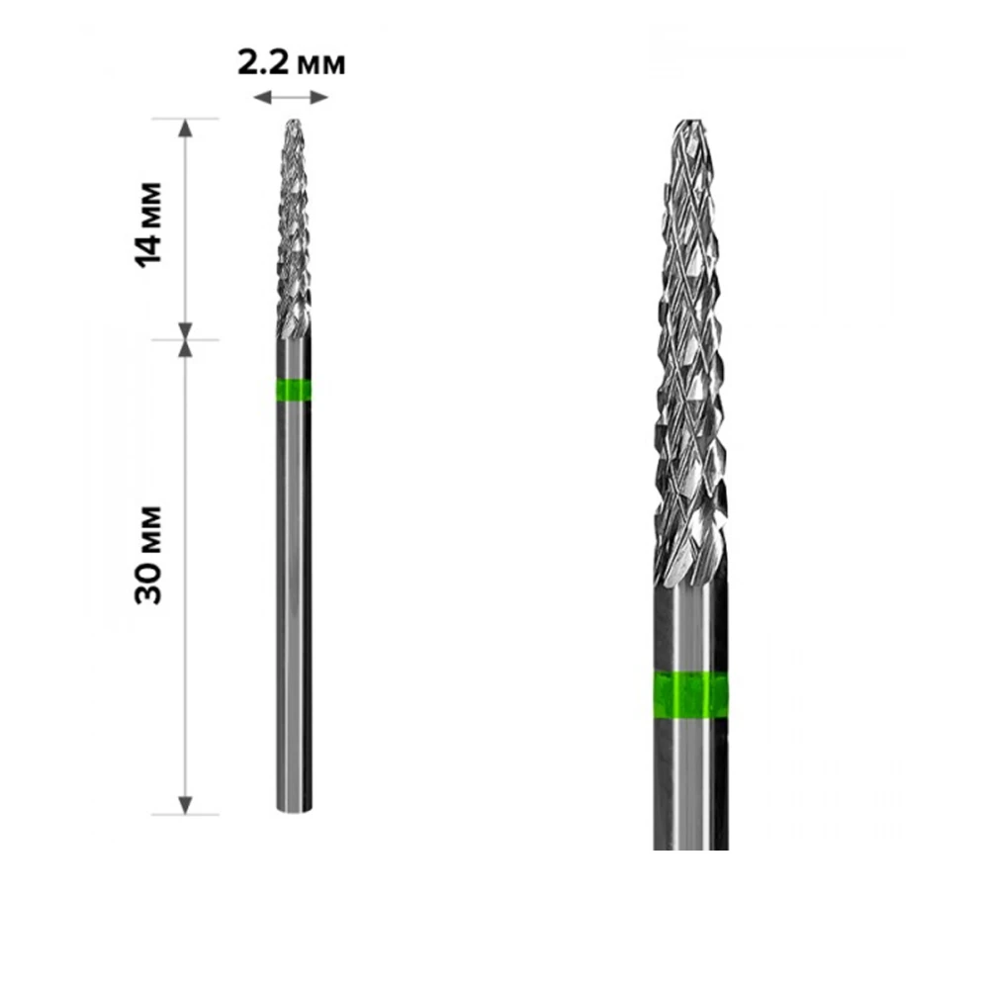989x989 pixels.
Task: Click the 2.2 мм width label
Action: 292,63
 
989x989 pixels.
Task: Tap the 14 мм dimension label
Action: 148,225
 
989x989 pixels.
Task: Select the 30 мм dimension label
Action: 148,555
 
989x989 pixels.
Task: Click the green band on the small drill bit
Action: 294,391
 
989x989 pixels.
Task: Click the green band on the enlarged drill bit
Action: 690,695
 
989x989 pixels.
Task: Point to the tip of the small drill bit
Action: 293,120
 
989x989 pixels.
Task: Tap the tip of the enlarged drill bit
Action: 689,121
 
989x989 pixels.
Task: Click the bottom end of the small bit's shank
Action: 294,810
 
